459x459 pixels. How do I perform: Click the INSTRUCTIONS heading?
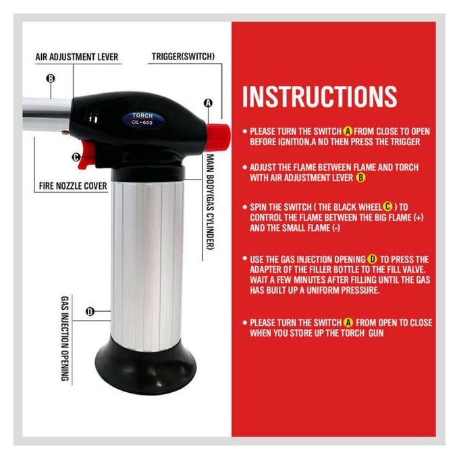click(x=319, y=97)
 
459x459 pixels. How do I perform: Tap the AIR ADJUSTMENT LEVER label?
click(x=77, y=57)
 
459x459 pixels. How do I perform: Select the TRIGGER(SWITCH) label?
click(x=183, y=56)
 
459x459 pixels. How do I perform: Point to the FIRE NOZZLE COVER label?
click(x=73, y=186)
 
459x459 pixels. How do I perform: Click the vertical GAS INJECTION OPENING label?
click(x=65, y=338)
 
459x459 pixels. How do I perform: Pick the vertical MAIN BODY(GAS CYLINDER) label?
click(x=210, y=202)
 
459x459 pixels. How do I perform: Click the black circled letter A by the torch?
click(x=208, y=103)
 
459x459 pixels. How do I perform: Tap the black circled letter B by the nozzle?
click(x=51, y=78)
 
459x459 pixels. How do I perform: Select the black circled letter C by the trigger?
click(x=76, y=157)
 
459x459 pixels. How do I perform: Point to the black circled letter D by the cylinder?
click(x=90, y=312)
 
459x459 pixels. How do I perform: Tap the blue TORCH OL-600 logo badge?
click(x=142, y=119)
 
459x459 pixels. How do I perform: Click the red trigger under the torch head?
click(x=86, y=155)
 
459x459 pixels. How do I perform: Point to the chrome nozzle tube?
click(x=47, y=115)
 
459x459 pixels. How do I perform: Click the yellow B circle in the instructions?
click(x=360, y=178)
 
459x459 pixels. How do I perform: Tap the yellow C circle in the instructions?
click(x=387, y=207)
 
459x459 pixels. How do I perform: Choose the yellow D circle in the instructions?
click(x=373, y=259)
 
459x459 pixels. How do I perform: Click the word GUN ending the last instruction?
click(x=376, y=333)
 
